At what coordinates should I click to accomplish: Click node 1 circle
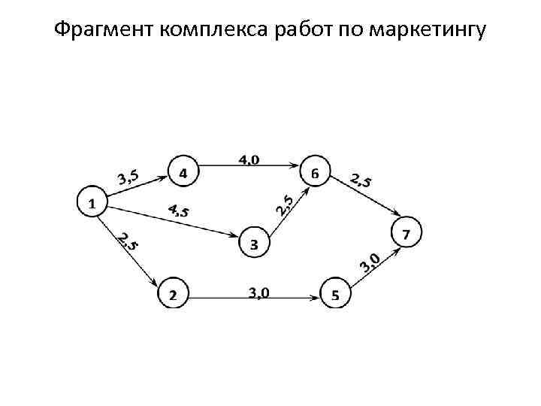click(x=92, y=202)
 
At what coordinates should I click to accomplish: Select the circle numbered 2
click(x=173, y=293)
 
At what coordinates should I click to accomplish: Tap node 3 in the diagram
click(x=254, y=244)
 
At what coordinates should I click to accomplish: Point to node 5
click(x=335, y=293)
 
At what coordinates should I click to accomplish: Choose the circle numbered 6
click(x=314, y=174)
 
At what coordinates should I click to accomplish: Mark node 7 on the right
click(x=407, y=233)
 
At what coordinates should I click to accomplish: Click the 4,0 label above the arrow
click(x=249, y=159)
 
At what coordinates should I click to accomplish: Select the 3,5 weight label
click(x=128, y=177)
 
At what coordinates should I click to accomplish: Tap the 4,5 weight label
click(x=178, y=211)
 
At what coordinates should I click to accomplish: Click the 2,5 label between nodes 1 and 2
click(x=127, y=241)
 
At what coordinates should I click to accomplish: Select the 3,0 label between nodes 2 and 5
click(x=259, y=292)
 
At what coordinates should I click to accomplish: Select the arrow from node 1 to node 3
click(x=173, y=220)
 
